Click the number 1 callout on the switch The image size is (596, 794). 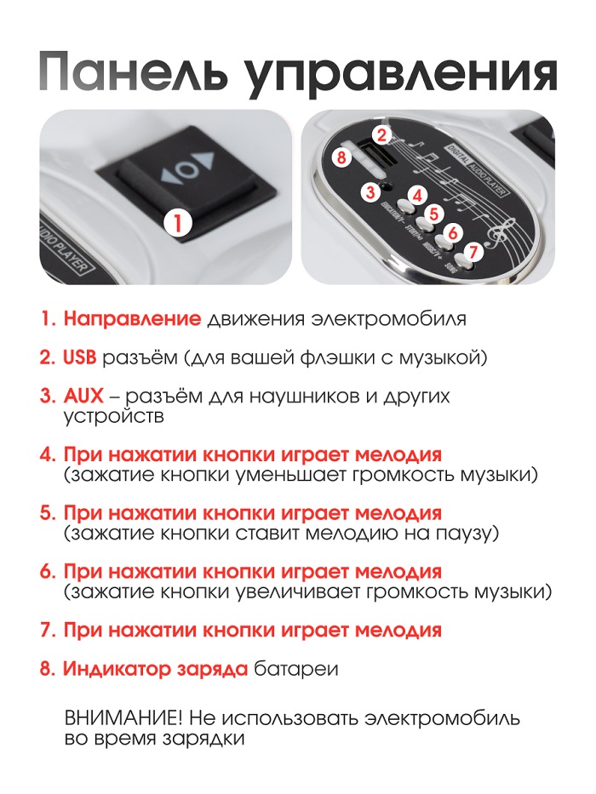coord(178,223)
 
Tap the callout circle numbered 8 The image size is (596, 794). coord(341,157)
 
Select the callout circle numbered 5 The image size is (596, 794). coord(433,214)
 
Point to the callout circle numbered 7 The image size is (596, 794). coord(473,252)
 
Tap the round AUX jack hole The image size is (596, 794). coord(387,186)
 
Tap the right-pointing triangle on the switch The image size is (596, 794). coord(206,162)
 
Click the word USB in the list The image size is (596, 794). coord(79,357)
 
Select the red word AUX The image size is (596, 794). coord(83,396)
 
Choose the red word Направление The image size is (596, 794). coord(132,319)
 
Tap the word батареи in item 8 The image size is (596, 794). coord(296,670)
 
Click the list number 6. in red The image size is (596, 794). coord(48,572)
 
